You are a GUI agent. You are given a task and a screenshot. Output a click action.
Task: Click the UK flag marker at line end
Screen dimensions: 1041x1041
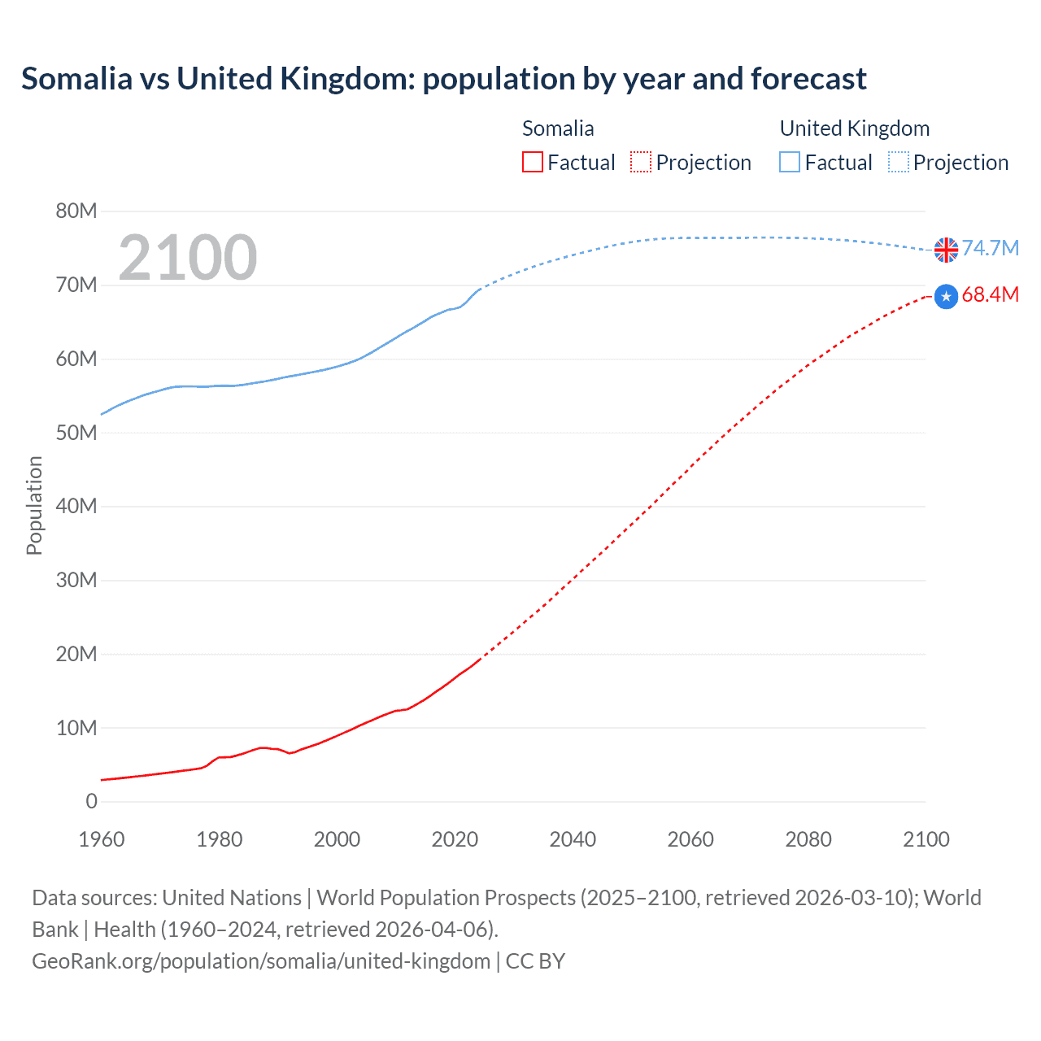tap(946, 250)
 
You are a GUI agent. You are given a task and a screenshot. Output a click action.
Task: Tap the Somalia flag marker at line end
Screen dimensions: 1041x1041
tap(946, 297)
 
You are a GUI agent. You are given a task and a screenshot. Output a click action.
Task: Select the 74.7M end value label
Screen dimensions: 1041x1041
tap(991, 248)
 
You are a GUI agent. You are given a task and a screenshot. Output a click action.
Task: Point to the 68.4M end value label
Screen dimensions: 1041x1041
tap(991, 294)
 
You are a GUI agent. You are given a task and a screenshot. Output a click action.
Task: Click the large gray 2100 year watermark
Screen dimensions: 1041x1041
tap(188, 258)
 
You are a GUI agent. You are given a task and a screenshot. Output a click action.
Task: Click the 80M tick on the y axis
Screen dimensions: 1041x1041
tap(76, 211)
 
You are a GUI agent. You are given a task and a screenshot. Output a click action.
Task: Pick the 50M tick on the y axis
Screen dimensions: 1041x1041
tap(76, 433)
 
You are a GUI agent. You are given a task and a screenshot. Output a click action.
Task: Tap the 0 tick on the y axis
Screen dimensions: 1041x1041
tap(91, 802)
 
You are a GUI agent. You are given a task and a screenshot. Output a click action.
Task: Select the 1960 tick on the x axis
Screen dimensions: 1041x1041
tap(102, 839)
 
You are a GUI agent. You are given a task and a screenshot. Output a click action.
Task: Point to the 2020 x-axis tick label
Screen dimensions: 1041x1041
tap(455, 839)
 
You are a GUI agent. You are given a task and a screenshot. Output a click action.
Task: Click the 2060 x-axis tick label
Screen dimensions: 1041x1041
tap(690, 839)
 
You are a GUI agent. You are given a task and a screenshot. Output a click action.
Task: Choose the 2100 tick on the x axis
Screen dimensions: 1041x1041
tap(926, 839)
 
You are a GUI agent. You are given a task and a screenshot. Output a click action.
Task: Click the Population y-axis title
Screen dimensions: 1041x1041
tap(34, 505)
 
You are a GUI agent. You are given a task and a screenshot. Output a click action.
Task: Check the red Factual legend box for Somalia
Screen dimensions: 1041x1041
tap(533, 163)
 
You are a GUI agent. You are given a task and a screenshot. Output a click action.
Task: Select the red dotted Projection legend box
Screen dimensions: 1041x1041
tap(641, 163)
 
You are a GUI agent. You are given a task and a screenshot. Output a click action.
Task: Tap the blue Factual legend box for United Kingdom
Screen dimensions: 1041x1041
tap(790, 163)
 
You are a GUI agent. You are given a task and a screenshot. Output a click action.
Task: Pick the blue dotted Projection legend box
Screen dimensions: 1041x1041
tap(899, 163)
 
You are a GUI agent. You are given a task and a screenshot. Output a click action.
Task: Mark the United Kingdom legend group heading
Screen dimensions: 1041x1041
tap(854, 128)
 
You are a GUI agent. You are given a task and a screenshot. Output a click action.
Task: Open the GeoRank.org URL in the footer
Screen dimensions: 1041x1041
tap(261, 961)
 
